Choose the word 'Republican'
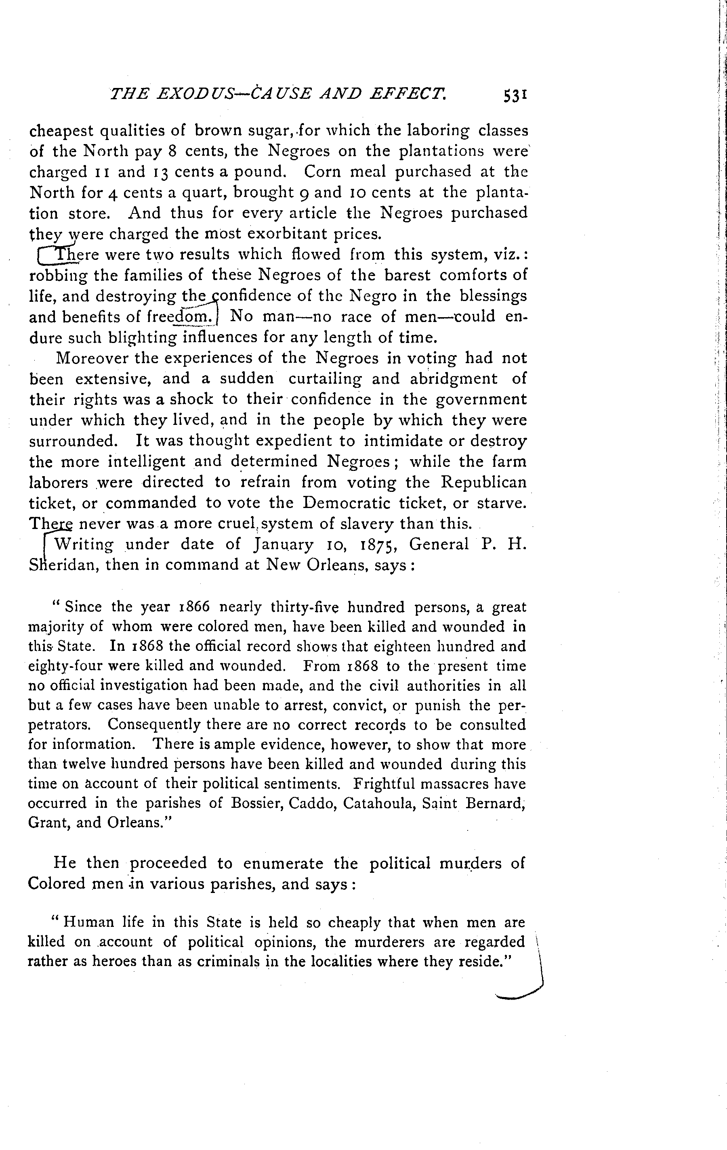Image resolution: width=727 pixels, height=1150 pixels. point(483,482)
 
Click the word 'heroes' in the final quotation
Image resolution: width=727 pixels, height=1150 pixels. point(107,962)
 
